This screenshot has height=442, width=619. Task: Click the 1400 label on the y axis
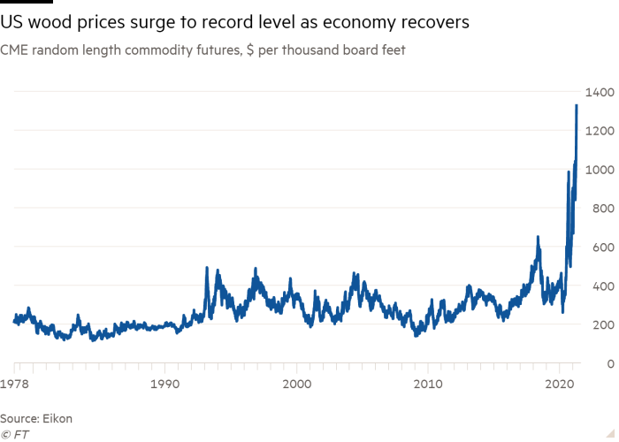pos(594,92)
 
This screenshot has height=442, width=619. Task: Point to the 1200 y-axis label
pos(594,131)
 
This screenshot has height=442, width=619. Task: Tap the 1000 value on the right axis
pos(594,170)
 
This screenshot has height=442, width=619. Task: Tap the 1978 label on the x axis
pos(14,385)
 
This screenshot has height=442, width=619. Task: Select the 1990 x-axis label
pos(164,385)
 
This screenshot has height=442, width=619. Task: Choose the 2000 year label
pos(296,385)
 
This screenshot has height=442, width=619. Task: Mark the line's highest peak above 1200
pos(577,104)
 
